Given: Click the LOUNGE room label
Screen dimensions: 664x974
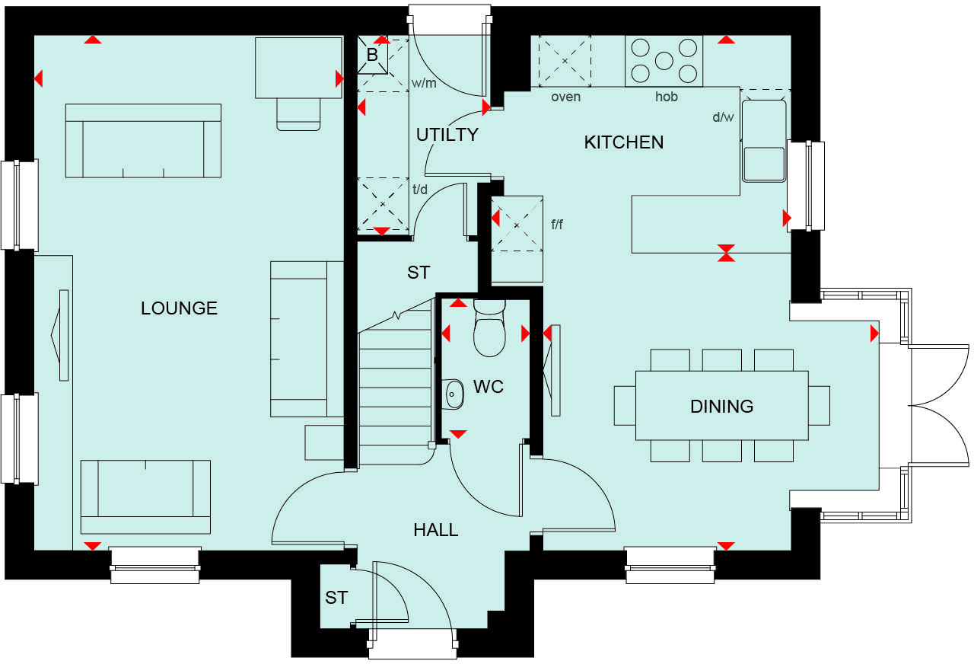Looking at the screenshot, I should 179,308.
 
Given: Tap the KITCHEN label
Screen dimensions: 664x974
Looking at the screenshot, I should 623,142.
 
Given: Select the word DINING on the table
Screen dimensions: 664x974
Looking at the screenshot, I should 721,407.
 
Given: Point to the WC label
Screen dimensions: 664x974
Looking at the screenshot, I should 489,387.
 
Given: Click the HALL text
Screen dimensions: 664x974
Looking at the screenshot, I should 436,530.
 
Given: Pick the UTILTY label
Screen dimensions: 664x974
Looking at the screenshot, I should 447,135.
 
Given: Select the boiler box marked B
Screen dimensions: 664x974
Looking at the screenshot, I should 372,56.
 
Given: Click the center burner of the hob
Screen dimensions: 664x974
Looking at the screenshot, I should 664,61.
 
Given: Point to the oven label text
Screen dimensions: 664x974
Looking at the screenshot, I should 565,97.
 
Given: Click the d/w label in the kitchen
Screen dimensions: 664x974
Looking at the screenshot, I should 722,117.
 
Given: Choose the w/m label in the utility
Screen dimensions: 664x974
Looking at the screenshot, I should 424,83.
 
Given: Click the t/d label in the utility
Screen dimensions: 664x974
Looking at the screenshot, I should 419,190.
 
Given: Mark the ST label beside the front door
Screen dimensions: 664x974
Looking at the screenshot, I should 336,599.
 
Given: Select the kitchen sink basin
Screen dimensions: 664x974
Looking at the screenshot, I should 764,164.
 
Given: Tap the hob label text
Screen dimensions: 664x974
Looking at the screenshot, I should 667,97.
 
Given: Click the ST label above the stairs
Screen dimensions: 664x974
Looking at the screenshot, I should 419,273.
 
